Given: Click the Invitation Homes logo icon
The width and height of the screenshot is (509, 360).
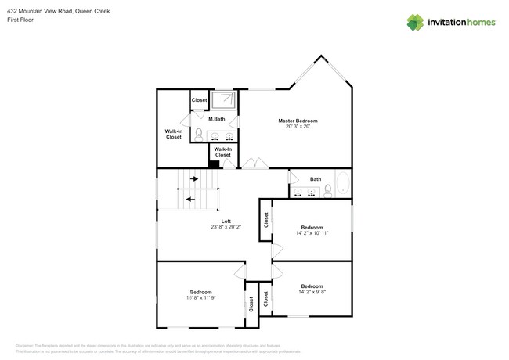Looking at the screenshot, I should click(415, 22).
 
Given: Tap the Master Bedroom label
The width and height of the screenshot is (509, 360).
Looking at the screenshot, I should click(302, 121).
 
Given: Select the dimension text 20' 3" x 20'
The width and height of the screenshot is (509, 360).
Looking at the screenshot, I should click(302, 127).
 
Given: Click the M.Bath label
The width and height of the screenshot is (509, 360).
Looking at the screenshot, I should click(217, 119).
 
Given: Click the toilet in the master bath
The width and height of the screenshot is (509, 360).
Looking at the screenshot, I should click(199, 134).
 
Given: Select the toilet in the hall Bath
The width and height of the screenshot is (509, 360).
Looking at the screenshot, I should click(327, 190).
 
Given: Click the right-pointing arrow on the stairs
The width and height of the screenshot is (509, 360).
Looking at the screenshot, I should click(193, 178).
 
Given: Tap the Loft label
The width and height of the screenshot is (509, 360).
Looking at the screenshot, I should click(226, 221).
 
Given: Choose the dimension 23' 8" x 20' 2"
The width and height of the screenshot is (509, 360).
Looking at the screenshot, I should click(226, 228).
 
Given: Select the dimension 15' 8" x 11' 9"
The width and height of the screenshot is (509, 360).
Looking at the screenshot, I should click(200, 297).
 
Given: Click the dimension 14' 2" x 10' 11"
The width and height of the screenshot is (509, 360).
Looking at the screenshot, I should click(312, 233).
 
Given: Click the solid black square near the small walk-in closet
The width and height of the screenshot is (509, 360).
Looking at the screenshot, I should click(213, 164).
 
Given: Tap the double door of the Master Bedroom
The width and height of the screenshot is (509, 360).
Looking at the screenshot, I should click(254, 164).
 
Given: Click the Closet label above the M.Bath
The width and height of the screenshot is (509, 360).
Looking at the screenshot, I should click(200, 100).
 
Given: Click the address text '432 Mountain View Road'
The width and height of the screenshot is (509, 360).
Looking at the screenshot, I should click(35, 9).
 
